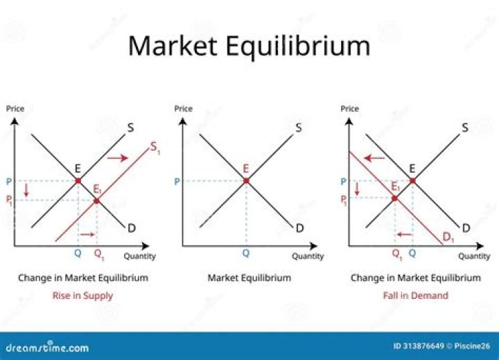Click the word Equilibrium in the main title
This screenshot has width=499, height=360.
pos(301,46)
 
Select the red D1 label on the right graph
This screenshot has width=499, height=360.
pos(449,237)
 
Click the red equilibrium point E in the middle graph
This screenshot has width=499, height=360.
pos(245,180)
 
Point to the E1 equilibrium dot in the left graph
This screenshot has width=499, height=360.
pos(96,200)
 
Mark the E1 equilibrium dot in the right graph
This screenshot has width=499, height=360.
pos(395,198)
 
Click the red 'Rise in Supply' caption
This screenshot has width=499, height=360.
pos(82,295)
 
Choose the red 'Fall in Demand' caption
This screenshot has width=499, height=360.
pos(415,295)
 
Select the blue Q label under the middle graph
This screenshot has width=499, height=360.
pos(245,254)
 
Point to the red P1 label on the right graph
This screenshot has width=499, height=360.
pos(344,200)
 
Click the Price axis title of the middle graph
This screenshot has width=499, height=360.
pos(184,108)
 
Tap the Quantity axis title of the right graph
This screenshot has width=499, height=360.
pos(474,256)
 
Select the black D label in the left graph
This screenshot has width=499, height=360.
pos(132,228)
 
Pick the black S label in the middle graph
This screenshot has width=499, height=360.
pos(299,128)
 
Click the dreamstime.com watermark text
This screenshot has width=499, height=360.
pos(47,348)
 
